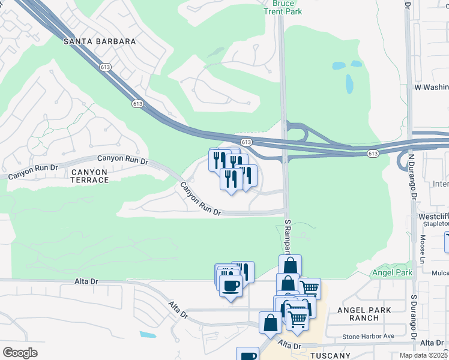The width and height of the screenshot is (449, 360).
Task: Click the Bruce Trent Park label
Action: (283, 7)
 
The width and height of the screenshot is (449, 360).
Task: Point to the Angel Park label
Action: (392, 272)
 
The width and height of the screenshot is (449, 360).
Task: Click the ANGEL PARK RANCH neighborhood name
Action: (364, 314)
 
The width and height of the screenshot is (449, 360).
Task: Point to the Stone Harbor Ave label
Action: (368, 337)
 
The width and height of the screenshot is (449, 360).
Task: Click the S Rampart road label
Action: (287, 236)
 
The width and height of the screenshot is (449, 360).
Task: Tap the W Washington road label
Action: (431, 87)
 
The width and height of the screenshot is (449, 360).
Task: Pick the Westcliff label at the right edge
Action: (435, 216)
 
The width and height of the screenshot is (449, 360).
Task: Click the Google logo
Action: (20, 352)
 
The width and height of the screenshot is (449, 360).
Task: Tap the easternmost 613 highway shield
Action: (373, 154)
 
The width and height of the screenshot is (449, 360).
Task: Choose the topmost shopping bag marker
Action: (290, 265)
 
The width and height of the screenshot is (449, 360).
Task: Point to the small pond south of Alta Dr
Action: (148, 334)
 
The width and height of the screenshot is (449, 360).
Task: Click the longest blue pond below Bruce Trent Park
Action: (349, 83)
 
